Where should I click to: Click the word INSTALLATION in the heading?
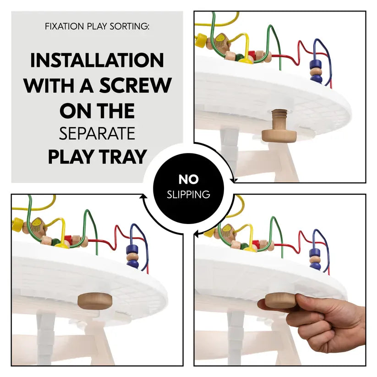pyautogui.click(x=97, y=60)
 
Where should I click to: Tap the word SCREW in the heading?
pyautogui.click(x=136, y=85)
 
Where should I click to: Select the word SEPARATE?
pyautogui.click(x=97, y=133)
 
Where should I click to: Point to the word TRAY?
pyautogui.click(x=123, y=157)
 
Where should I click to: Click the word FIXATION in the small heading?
pyautogui.click(x=65, y=26)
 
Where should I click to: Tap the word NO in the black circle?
pyautogui.click(x=189, y=180)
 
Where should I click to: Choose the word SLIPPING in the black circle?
pyautogui.click(x=189, y=194)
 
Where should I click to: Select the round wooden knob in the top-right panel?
pyautogui.click(x=279, y=135)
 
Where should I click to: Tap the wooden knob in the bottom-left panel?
pyautogui.click(x=95, y=301)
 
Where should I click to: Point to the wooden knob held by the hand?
pyautogui.click(x=280, y=301)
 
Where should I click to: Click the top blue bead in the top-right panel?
pyautogui.click(x=316, y=64)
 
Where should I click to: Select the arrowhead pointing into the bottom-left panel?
pyautogui.click(x=144, y=196)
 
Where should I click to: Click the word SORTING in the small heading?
pyautogui.click(x=129, y=26)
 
